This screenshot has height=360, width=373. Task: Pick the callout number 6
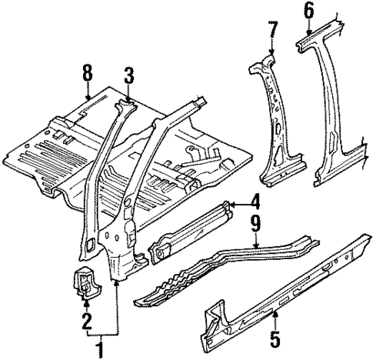308,10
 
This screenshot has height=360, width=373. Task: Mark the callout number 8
87,73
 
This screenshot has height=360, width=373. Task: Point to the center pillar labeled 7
277,123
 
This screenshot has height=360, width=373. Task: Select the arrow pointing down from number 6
308,29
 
